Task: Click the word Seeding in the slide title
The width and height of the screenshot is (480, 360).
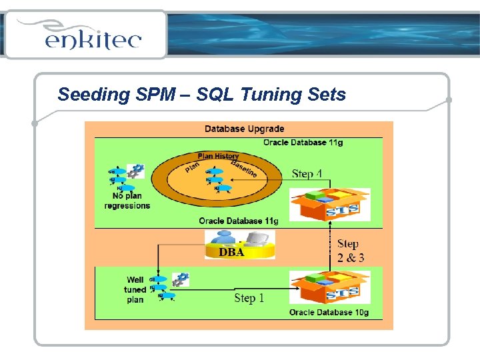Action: pyautogui.click(x=84, y=95)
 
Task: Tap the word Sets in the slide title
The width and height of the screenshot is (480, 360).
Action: pyautogui.click(x=327, y=95)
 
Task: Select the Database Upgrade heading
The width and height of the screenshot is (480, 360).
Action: pyautogui.click(x=244, y=129)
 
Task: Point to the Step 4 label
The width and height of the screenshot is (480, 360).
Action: pyautogui.click(x=307, y=174)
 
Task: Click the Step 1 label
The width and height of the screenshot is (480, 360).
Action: pyautogui.click(x=249, y=298)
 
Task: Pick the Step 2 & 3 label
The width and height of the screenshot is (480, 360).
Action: pyautogui.click(x=350, y=251)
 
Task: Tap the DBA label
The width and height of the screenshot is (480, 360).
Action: pyautogui.click(x=231, y=253)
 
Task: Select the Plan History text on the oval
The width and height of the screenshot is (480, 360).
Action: pyautogui.click(x=218, y=156)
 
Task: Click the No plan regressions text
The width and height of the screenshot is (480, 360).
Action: pyautogui.click(x=127, y=201)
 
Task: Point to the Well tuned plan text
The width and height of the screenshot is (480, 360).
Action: pyautogui.click(x=135, y=289)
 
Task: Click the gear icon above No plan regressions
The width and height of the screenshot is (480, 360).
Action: pyautogui.click(x=136, y=171)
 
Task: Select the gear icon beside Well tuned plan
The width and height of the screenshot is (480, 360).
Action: pyautogui.click(x=180, y=279)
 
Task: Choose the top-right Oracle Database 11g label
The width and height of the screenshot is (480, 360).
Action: pyautogui.click(x=303, y=142)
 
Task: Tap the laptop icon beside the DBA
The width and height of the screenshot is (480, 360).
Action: pyautogui.click(x=257, y=239)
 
